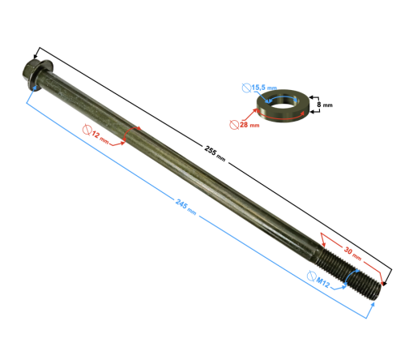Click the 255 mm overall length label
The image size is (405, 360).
pyautogui.click(x=216, y=155)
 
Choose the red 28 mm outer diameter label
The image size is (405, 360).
pyautogui.click(x=248, y=125)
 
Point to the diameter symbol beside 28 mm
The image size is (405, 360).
pyautogui.click(x=234, y=124)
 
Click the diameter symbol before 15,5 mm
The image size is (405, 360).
pyautogui.click(x=245, y=87)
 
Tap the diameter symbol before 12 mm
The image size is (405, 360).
pyautogui.click(x=88, y=129)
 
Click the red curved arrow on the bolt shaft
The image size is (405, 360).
pyautogui.click(x=134, y=134)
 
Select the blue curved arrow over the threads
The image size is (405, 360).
pyautogui.click(x=347, y=279)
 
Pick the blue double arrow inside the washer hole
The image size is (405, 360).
pyautogui.click(x=282, y=101)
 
